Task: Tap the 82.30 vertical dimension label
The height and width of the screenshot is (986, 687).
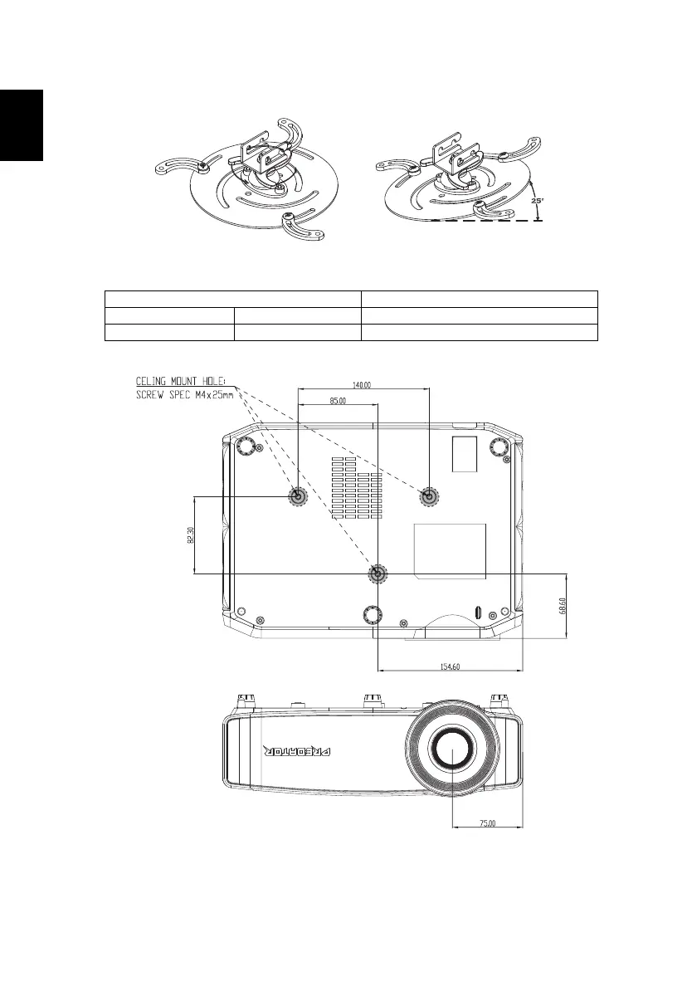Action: click(191, 535)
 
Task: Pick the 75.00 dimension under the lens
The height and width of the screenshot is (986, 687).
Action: click(488, 823)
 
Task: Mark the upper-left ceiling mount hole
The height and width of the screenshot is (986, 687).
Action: click(298, 496)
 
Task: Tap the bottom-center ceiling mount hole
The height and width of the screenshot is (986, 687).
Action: click(378, 574)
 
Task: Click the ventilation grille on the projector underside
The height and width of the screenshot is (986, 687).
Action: click(358, 486)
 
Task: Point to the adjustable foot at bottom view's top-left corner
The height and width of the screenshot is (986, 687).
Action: click(246, 447)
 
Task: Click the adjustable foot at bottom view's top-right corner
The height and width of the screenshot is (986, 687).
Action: click(499, 447)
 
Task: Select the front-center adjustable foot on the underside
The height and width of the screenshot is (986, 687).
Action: click(373, 614)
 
